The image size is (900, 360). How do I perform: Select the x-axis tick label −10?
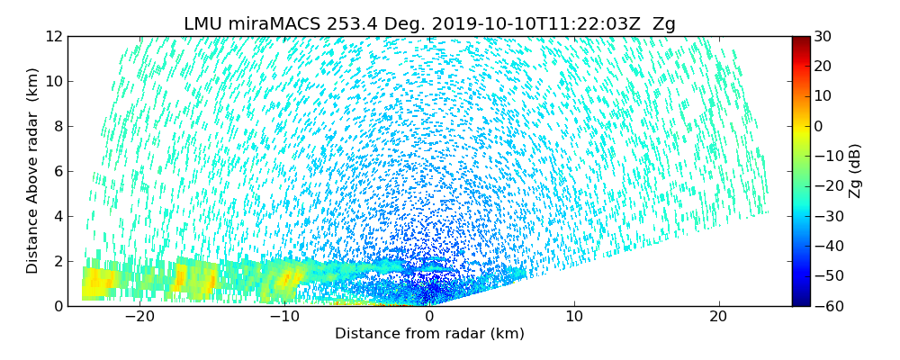(x=284, y=317)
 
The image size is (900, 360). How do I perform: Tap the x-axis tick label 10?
(x=574, y=317)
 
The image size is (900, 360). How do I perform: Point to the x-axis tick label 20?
(x=718, y=317)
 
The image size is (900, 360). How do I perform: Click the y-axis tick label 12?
(x=54, y=36)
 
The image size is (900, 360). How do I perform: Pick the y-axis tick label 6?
(x=58, y=171)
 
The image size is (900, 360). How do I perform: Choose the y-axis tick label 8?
(x=58, y=126)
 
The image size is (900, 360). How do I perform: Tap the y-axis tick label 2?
(x=58, y=261)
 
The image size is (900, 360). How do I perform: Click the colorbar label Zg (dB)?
(x=855, y=171)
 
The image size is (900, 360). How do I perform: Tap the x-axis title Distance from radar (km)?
(x=429, y=334)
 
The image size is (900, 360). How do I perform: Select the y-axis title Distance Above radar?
(x=33, y=171)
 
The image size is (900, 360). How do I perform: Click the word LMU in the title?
(x=202, y=24)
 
